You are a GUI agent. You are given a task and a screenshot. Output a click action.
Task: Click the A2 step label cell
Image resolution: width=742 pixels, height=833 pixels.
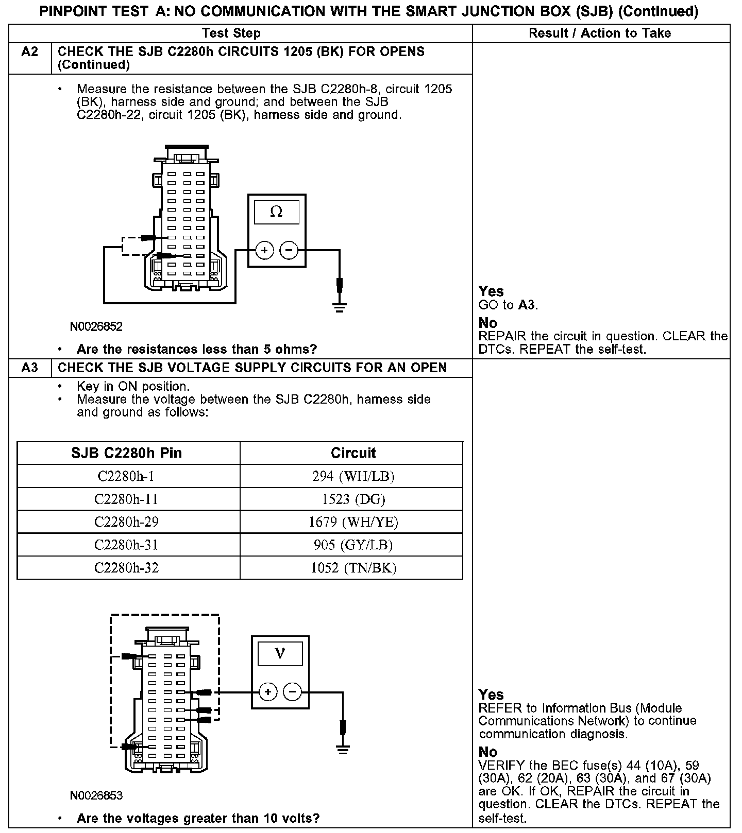point(30,52)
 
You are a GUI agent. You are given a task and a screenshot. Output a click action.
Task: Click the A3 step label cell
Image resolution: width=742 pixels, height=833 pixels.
point(30,368)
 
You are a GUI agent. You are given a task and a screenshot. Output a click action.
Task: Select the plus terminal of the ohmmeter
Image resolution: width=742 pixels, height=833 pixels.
point(265,251)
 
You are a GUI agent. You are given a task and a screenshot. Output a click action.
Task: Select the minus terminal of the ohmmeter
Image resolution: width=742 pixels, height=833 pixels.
point(289,251)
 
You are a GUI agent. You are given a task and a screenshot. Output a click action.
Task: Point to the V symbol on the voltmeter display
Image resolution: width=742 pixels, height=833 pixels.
point(280,653)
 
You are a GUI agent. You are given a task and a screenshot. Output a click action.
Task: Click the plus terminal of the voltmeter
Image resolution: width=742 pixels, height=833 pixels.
point(268,691)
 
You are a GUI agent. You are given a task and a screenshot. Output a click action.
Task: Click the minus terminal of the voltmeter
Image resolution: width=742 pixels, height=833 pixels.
point(293,691)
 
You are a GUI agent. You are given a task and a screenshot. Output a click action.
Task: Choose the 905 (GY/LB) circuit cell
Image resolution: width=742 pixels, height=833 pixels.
point(353,545)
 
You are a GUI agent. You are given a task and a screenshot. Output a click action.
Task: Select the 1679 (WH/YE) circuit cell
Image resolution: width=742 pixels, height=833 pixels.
point(353,522)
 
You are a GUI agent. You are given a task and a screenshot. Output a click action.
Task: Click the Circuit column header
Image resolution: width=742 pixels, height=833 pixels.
point(353,453)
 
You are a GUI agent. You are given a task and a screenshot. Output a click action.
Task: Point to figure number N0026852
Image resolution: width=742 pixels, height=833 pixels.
point(96,326)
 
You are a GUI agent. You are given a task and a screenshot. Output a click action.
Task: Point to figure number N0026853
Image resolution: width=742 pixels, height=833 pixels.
point(96,795)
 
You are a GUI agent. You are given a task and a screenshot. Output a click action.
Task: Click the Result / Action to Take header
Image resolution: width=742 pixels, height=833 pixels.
point(600,33)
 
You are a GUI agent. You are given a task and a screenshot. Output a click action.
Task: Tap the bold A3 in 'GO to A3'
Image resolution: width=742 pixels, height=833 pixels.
point(527,305)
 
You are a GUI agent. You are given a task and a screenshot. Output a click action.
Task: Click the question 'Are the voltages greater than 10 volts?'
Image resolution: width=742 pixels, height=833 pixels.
point(198,818)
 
